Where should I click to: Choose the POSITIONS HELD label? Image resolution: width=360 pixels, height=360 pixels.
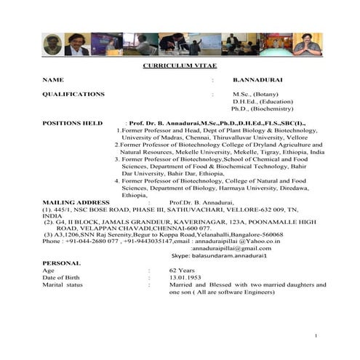coord(72,123)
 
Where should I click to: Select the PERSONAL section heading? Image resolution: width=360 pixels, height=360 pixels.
coord(61,262)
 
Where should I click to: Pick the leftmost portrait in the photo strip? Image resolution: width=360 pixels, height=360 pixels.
coord(51,44)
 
